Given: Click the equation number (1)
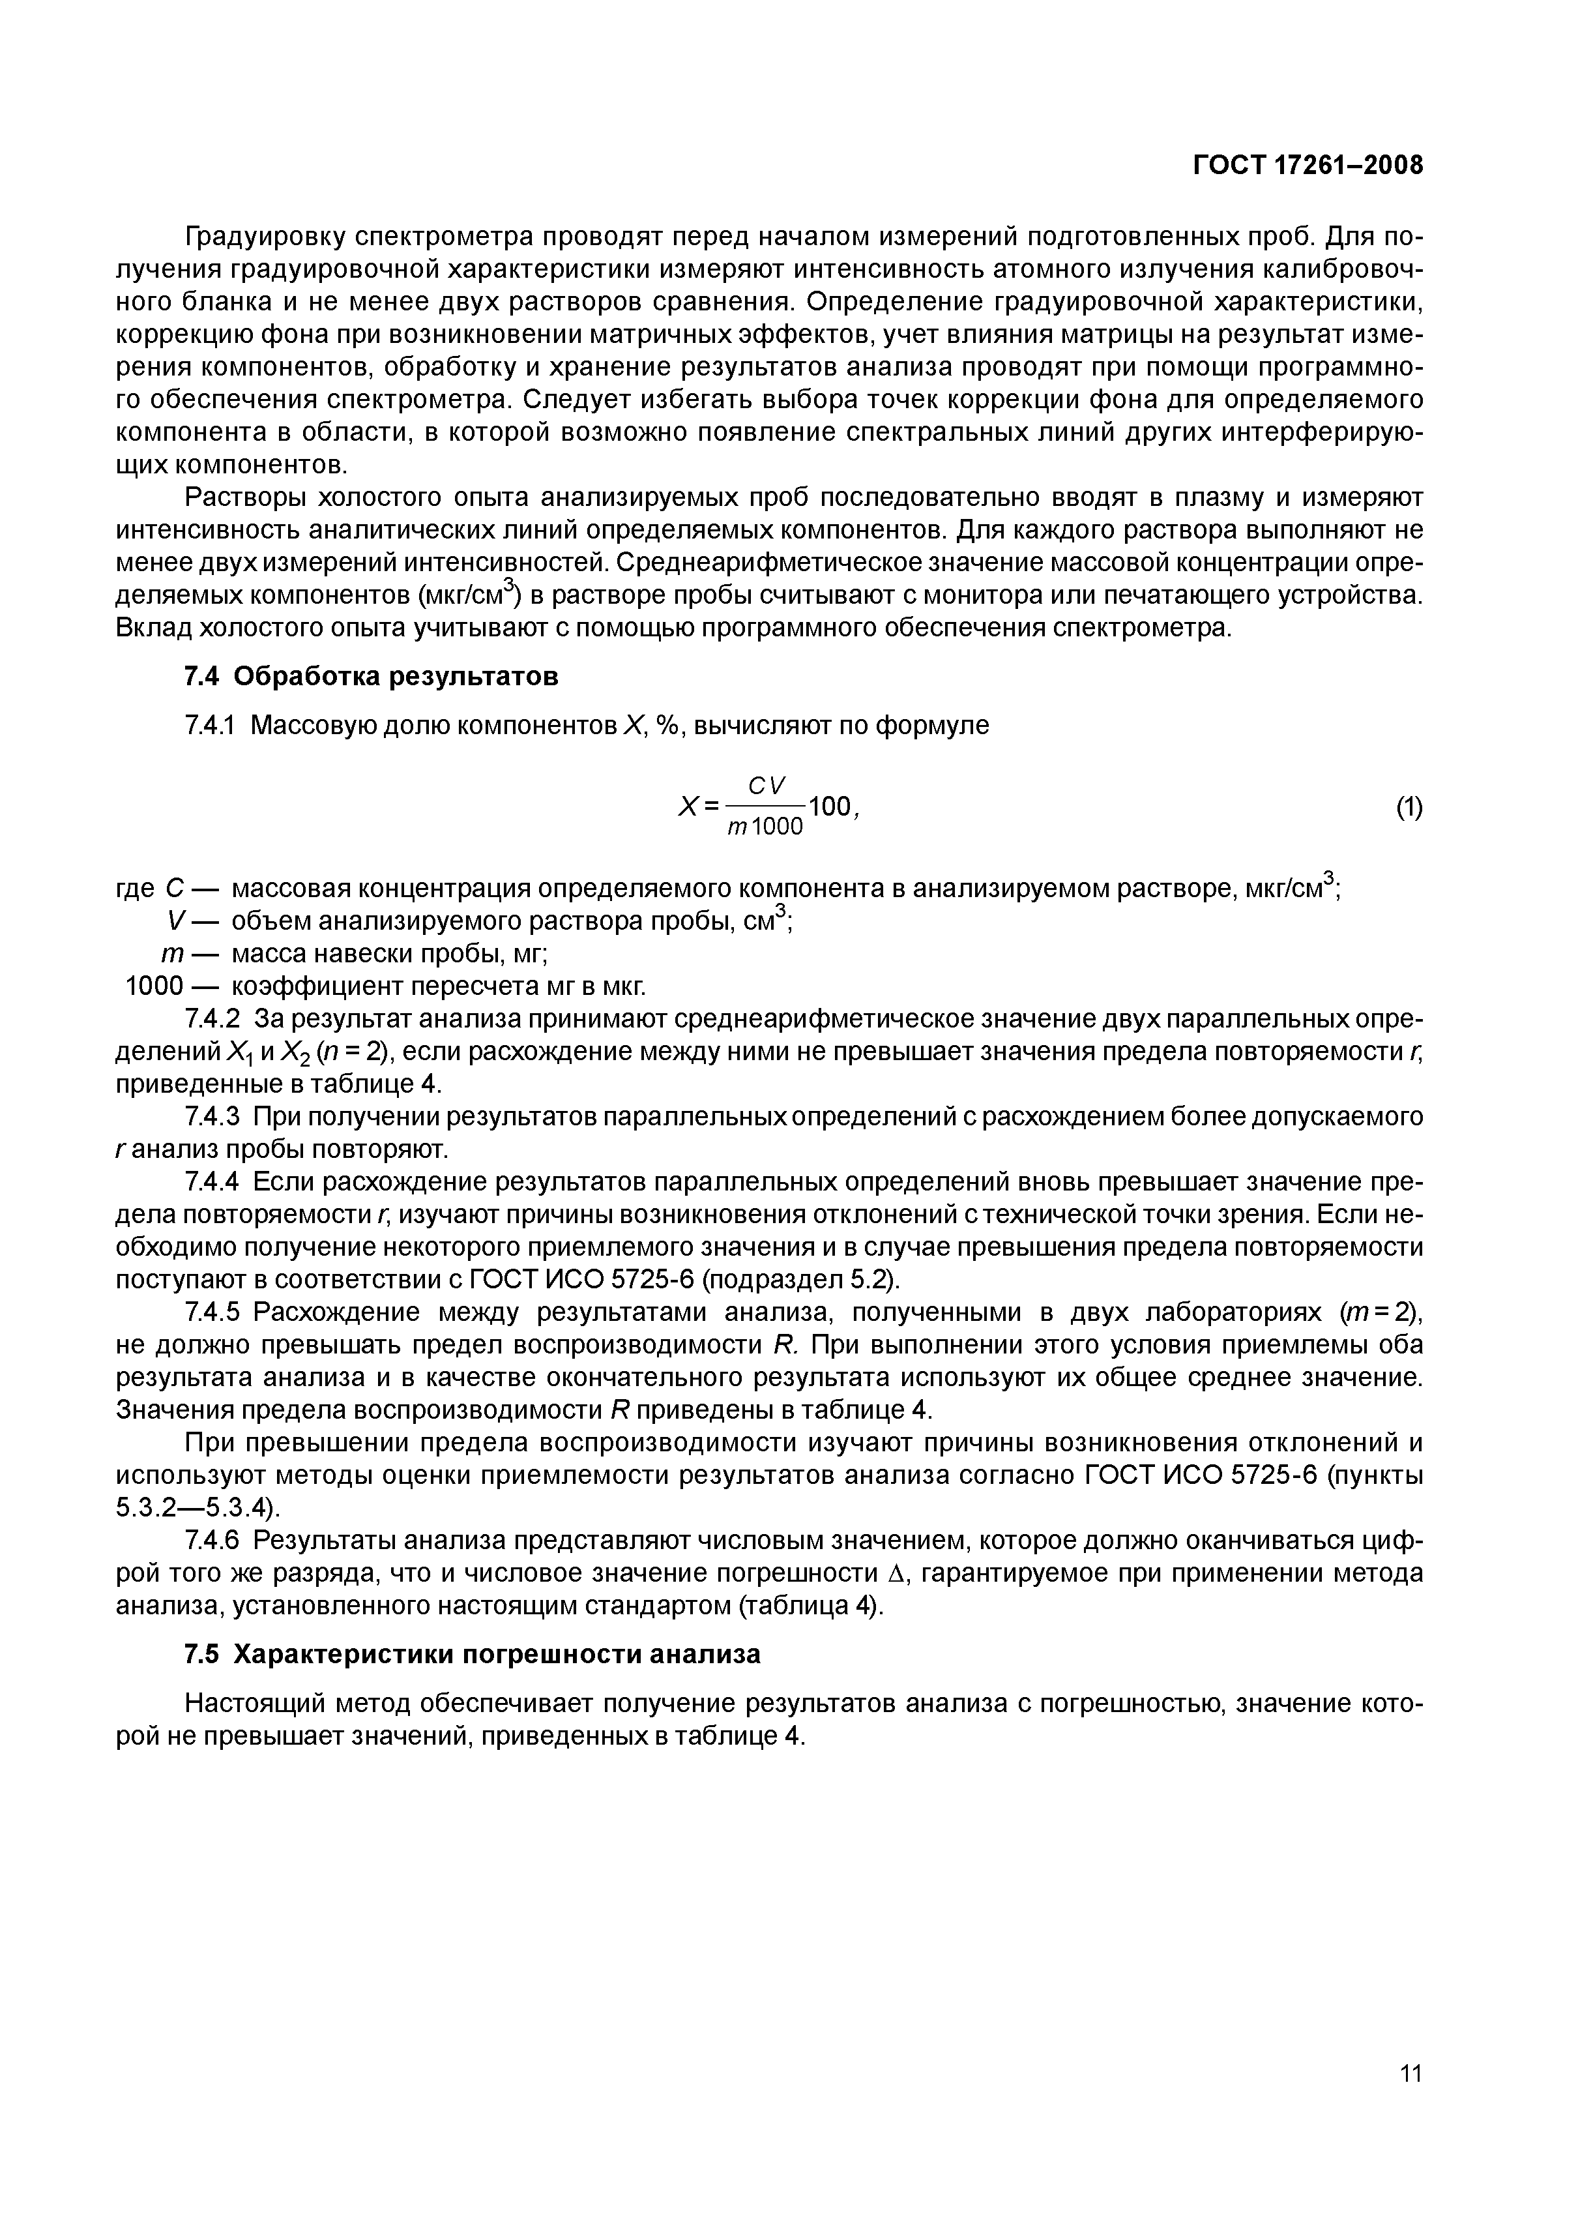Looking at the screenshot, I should coord(1409,807).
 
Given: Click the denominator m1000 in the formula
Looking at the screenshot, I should coord(765,827).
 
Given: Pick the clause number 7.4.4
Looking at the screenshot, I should coord(212,1181).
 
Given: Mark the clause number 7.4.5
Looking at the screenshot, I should coord(212,1312).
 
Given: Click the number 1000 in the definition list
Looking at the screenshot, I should coord(154,986).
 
